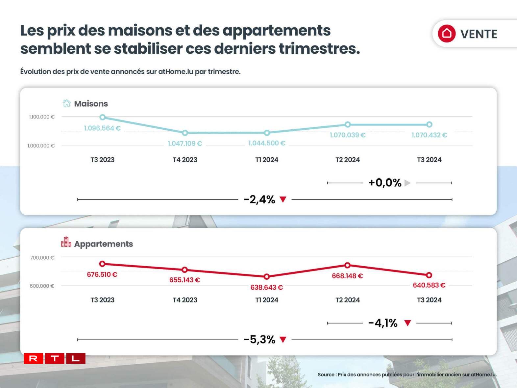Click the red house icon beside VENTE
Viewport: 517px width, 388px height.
pos(446,34)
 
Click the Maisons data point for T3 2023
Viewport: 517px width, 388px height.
pos(103,117)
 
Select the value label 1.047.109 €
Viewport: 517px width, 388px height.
pos(185,143)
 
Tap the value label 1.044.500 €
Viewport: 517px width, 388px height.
pos(267,143)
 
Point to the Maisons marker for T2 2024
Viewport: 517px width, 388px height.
pos(348,124)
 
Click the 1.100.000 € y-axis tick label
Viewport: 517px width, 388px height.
pos(42,117)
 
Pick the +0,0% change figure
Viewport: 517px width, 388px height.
pos(385,183)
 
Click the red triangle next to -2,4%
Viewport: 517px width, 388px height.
pos(283,199)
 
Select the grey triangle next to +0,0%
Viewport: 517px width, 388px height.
pos(407,183)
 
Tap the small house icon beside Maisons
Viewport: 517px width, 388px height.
pos(66,103)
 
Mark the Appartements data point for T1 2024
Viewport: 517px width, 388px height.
pos(267,277)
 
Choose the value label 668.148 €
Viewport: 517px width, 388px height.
pos(347,276)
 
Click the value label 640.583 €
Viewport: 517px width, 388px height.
pos(429,285)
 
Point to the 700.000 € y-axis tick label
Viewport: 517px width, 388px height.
pos(42,258)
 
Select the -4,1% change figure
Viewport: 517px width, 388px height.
pos(383,323)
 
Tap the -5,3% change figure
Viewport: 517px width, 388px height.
pos(259,339)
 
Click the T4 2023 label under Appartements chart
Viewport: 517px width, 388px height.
pos(185,300)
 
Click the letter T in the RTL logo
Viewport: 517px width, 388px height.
pos(55,358)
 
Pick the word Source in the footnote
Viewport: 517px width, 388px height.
pos(326,375)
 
